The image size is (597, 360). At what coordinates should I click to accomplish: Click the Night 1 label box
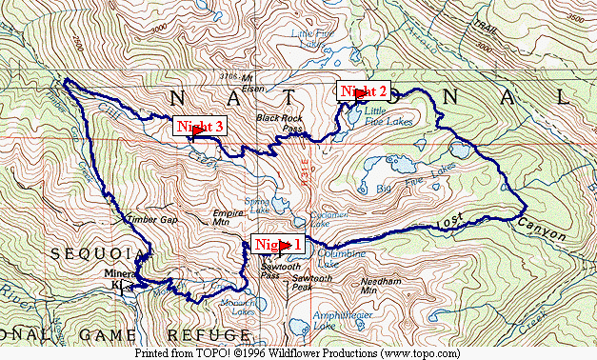pyautogui.click(x=277, y=244)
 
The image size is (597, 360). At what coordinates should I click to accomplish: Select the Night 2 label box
pyautogui.click(x=364, y=91)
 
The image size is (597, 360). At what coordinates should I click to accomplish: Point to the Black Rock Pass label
pyautogui.click(x=279, y=123)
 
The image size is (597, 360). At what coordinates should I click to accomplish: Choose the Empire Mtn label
pyautogui.click(x=228, y=216)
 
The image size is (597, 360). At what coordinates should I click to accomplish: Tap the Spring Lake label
pyautogui.click(x=258, y=204)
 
